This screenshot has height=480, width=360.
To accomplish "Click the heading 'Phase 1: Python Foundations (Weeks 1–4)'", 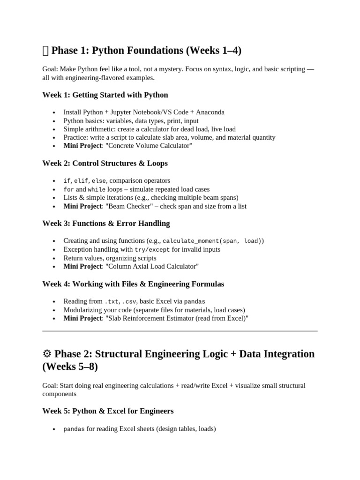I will pyautogui.click(x=146, y=50).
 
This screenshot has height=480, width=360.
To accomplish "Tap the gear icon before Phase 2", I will pyautogui.click(x=47, y=353).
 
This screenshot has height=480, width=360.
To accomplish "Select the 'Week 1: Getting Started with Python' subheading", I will pyautogui.click(x=105, y=95).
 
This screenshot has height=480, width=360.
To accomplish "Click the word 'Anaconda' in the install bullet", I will pyautogui.click(x=210, y=112).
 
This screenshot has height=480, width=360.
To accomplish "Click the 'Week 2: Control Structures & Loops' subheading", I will pyautogui.click(x=105, y=163).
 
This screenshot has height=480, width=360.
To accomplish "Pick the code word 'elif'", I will pyautogui.click(x=82, y=181).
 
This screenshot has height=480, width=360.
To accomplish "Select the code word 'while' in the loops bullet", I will pyautogui.click(x=97, y=189).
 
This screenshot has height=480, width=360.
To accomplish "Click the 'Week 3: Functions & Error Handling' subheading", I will pyautogui.click(x=106, y=223).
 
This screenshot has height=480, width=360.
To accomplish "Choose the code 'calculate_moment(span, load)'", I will pyautogui.click(x=213, y=241).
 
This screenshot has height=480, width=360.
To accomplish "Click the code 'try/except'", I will pyautogui.click(x=152, y=250).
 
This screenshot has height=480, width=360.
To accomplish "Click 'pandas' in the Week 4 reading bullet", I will pyautogui.click(x=194, y=302).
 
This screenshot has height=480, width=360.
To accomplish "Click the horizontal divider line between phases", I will pyautogui.click(x=180, y=331).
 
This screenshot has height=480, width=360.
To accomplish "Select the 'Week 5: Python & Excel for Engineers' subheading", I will pyautogui.click(x=108, y=411).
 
